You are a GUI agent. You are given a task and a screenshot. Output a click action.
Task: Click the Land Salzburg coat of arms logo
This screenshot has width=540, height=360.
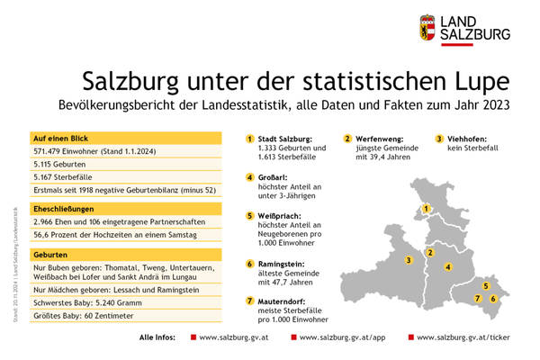[427, 27]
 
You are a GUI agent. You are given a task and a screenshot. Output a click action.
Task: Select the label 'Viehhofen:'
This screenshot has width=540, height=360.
[469, 139]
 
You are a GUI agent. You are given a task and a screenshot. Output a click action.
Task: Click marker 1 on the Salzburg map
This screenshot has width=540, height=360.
[425, 210]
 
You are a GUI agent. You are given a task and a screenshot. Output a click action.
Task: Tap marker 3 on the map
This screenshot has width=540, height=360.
[409, 260]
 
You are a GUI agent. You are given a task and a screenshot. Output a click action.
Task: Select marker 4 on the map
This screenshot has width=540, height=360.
[447, 266]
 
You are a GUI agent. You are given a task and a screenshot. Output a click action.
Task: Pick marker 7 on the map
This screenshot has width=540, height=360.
[478, 297]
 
